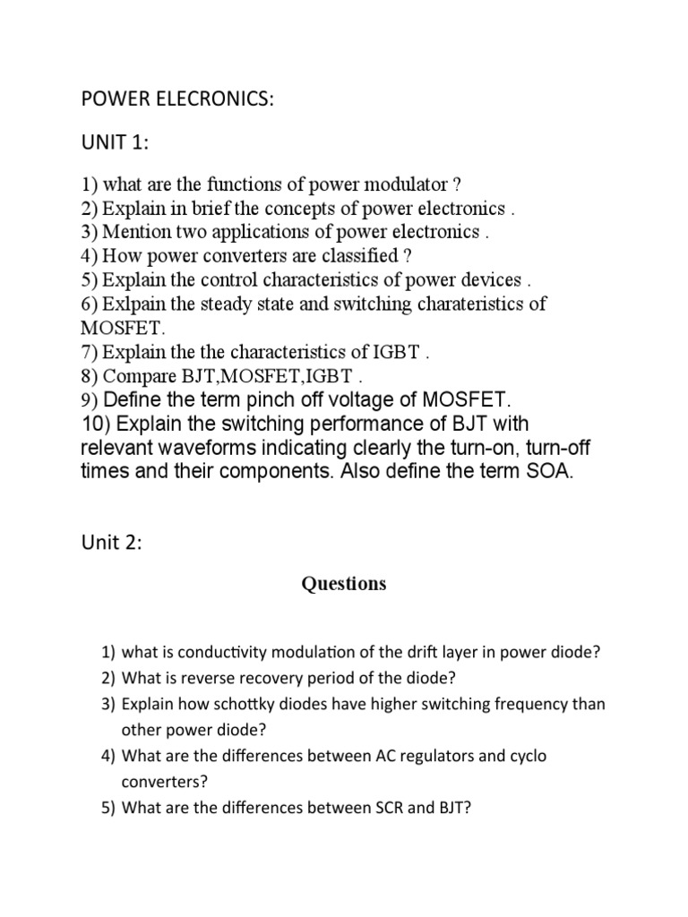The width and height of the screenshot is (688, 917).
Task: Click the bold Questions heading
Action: point(344,584)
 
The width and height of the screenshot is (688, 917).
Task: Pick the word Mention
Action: point(137,232)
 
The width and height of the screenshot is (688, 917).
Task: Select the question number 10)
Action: point(96,424)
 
